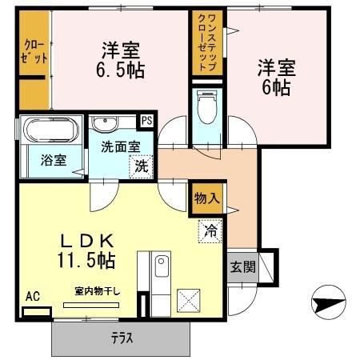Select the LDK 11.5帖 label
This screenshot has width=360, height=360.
[x=88, y=249]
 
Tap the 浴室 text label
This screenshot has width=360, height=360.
[x=53, y=159]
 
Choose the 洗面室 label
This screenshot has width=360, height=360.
[x=119, y=147]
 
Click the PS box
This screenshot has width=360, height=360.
[x=146, y=121]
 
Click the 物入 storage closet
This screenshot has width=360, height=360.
[x=205, y=198]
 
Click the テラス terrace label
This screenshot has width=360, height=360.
[x=122, y=337]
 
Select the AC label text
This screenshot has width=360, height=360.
[x=33, y=297]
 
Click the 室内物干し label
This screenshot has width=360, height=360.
[x=97, y=291]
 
